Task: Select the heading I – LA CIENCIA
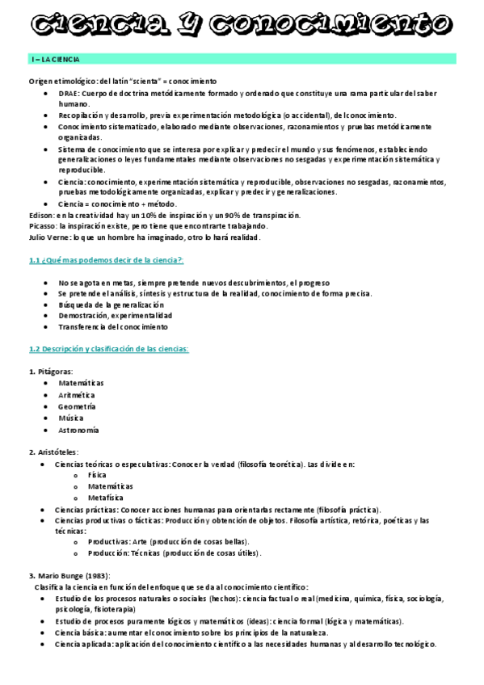(x=56, y=60)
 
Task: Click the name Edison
(x=41, y=216)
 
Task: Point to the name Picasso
(x=43, y=227)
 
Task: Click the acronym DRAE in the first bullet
(x=69, y=94)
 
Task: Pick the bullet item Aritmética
(x=77, y=395)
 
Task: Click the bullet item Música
(x=70, y=418)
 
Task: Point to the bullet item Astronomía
(x=78, y=431)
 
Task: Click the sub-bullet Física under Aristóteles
(x=97, y=476)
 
